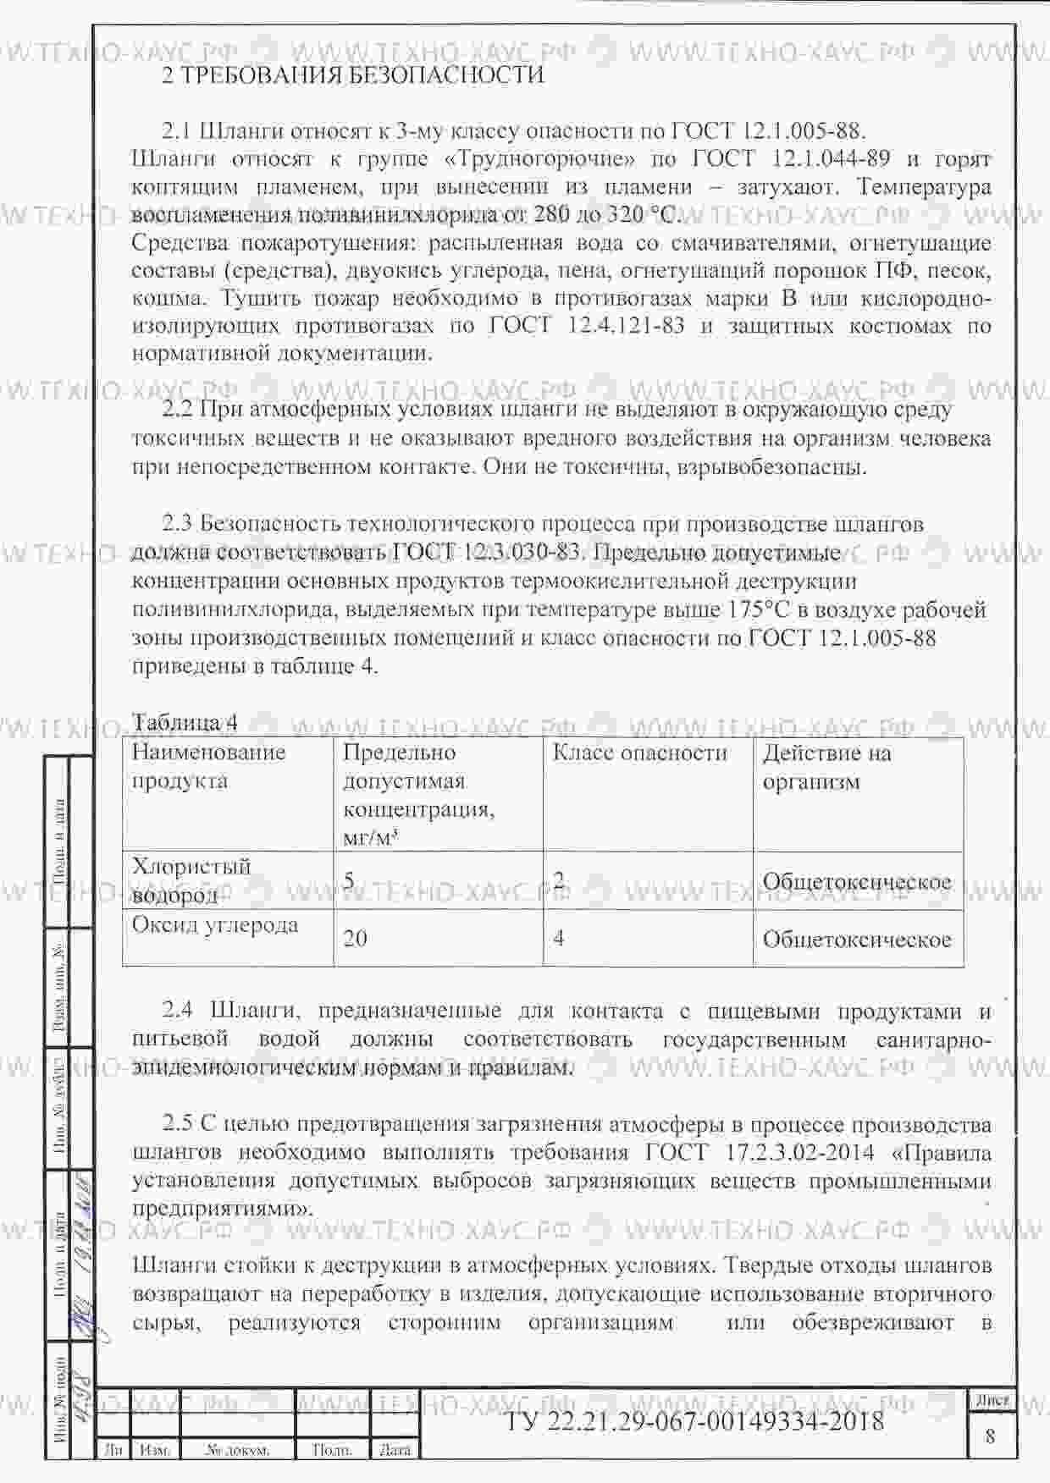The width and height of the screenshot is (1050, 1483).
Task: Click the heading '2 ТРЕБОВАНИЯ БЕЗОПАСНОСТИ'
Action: tap(353, 75)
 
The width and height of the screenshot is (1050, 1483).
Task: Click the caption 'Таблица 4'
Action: tap(185, 722)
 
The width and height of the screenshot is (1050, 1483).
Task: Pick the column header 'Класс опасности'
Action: tap(640, 753)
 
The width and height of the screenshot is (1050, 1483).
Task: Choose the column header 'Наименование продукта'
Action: tap(208, 766)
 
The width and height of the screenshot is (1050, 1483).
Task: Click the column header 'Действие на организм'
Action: tap(826, 767)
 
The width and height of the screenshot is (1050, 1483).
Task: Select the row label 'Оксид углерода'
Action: tap(215, 925)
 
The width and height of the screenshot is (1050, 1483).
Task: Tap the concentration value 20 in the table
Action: tap(356, 938)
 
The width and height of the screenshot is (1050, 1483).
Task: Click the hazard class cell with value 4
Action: tap(559, 938)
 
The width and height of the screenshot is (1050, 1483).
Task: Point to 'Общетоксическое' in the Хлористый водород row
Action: tap(857, 882)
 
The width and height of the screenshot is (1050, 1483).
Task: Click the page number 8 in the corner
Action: tap(990, 1436)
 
